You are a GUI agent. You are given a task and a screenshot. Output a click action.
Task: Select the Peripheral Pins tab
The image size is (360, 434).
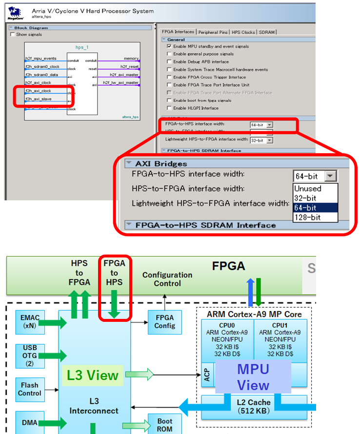(213, 32)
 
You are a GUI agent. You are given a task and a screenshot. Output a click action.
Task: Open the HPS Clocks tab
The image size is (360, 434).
(243, 32)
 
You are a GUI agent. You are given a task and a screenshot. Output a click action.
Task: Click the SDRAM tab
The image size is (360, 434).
(267, 32)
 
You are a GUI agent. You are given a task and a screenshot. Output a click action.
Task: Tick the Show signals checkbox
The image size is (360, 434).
(13, 35)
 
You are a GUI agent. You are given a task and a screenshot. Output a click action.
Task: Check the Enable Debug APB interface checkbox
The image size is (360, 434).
(169, 62)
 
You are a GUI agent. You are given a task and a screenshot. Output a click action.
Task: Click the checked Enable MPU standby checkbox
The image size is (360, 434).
(169, 46)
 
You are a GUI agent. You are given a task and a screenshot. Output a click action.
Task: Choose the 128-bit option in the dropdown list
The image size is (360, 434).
(307, 217)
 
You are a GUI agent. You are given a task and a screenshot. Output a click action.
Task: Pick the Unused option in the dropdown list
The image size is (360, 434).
(307, 188)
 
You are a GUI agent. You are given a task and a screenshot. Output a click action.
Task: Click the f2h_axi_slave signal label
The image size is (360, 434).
(39, 99)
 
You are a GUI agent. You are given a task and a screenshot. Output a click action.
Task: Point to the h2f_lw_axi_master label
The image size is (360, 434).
(121, 83)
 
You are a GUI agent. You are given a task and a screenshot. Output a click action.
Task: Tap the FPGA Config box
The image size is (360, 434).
(161, 322)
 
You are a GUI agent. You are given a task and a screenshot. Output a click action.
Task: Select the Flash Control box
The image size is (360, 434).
(30, 389)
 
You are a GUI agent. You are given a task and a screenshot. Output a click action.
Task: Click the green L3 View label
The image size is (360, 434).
(93, 375)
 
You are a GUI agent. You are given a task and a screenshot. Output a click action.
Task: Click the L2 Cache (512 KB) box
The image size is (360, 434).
(254, 406)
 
